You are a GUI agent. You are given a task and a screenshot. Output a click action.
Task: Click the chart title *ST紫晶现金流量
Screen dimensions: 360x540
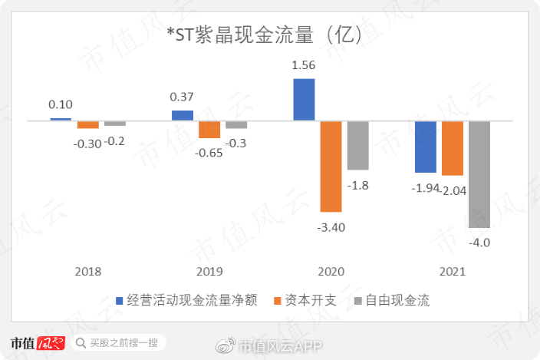269,35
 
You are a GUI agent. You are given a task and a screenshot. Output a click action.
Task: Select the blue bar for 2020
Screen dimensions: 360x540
304,100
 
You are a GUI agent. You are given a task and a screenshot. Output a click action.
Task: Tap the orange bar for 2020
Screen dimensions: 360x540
331,166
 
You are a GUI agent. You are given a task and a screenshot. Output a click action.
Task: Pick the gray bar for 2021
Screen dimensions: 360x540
479,174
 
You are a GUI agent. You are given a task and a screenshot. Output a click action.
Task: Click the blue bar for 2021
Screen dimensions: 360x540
426,147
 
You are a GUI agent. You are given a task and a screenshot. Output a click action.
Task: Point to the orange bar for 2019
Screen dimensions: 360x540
209,129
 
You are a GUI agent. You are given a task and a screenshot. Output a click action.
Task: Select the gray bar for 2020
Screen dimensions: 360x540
357,145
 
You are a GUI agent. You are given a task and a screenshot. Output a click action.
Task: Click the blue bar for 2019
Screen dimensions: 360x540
183,115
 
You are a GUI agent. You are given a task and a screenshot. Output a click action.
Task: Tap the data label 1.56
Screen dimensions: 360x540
304,66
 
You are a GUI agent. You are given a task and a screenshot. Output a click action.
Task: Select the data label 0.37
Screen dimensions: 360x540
183,97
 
